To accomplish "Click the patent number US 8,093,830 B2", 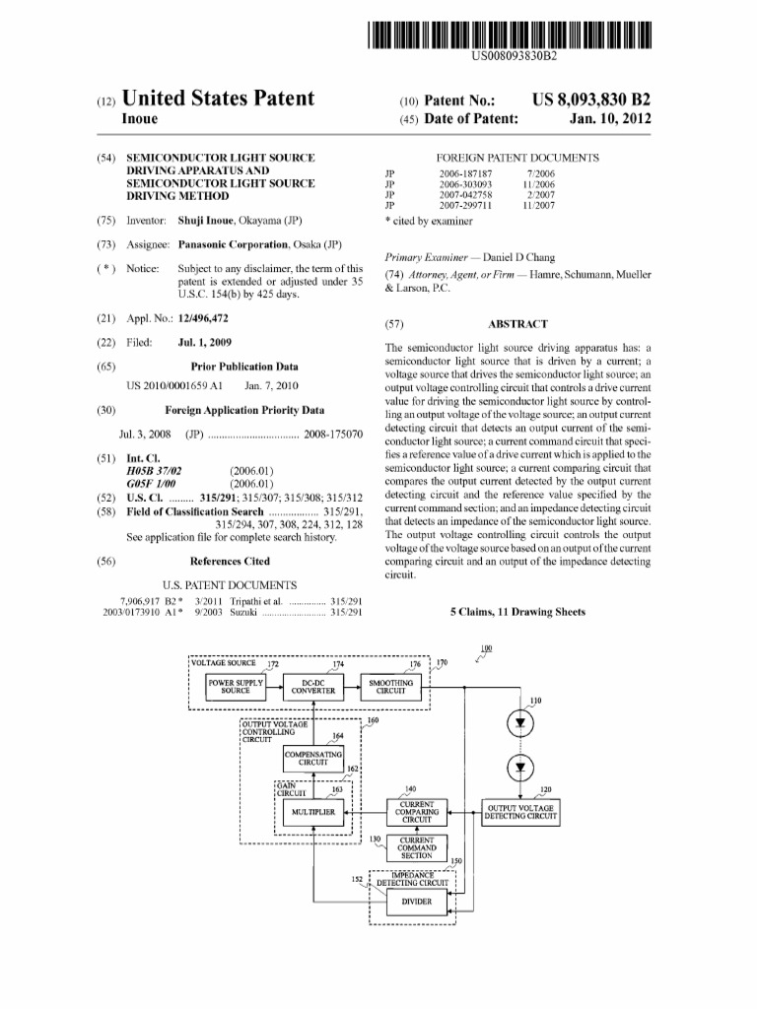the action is point(591,101).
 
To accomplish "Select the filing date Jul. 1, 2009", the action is point(204,343).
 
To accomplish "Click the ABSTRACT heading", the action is point(517,323).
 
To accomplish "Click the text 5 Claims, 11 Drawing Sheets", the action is point(517,612).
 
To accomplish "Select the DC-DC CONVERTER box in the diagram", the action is point(312,687).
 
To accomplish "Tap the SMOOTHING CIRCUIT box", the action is point(390,687).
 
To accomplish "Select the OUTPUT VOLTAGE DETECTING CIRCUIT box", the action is point(519,813).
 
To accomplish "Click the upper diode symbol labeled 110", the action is point(519,722).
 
